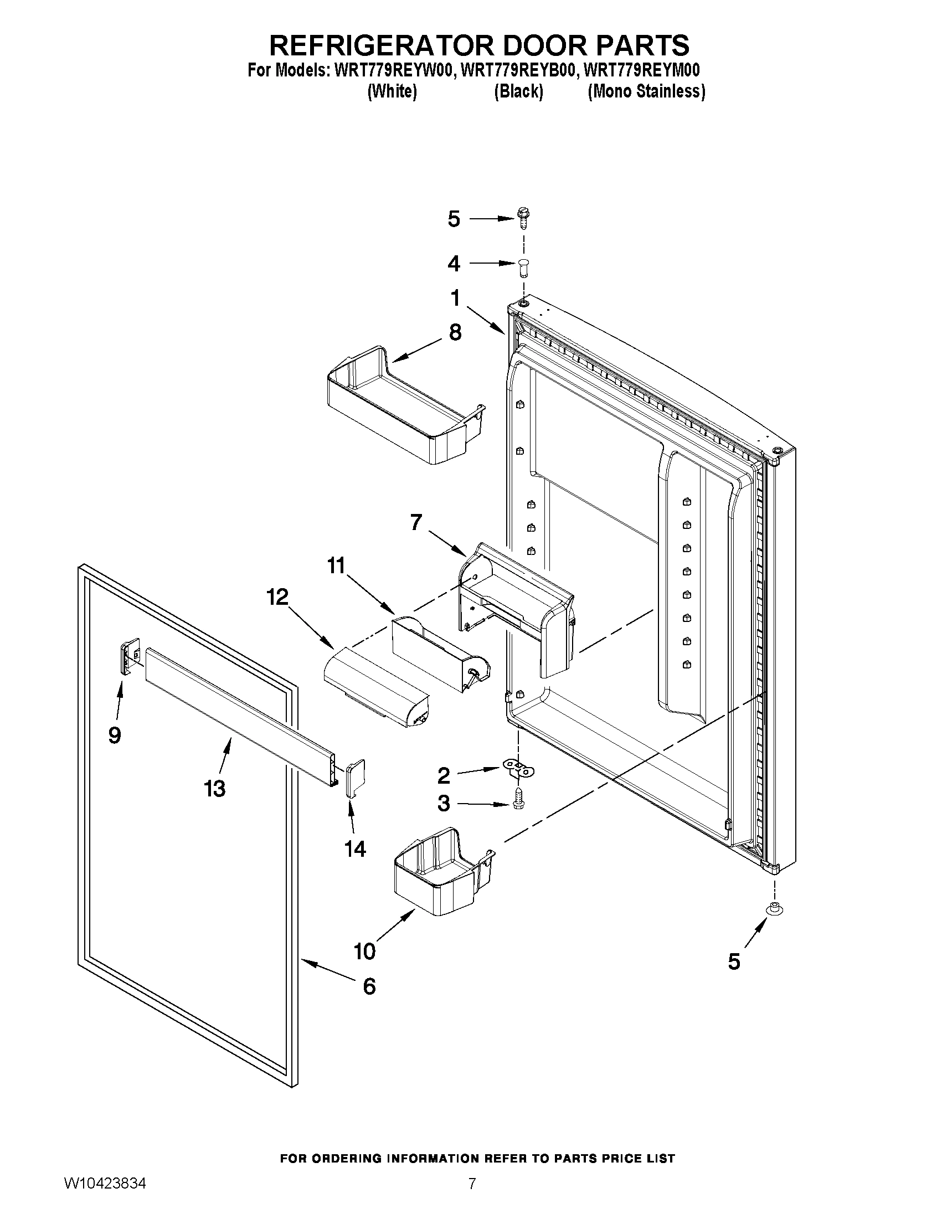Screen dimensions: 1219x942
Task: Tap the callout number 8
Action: (455, 333)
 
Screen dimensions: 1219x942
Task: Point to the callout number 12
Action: (277, 597)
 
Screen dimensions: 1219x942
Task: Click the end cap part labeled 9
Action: (129, 658)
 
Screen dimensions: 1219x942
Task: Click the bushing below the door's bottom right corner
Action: (774, 909)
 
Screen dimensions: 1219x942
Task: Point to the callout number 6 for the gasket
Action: (369, 987)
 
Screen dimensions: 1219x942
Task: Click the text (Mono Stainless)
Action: (646, 91)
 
